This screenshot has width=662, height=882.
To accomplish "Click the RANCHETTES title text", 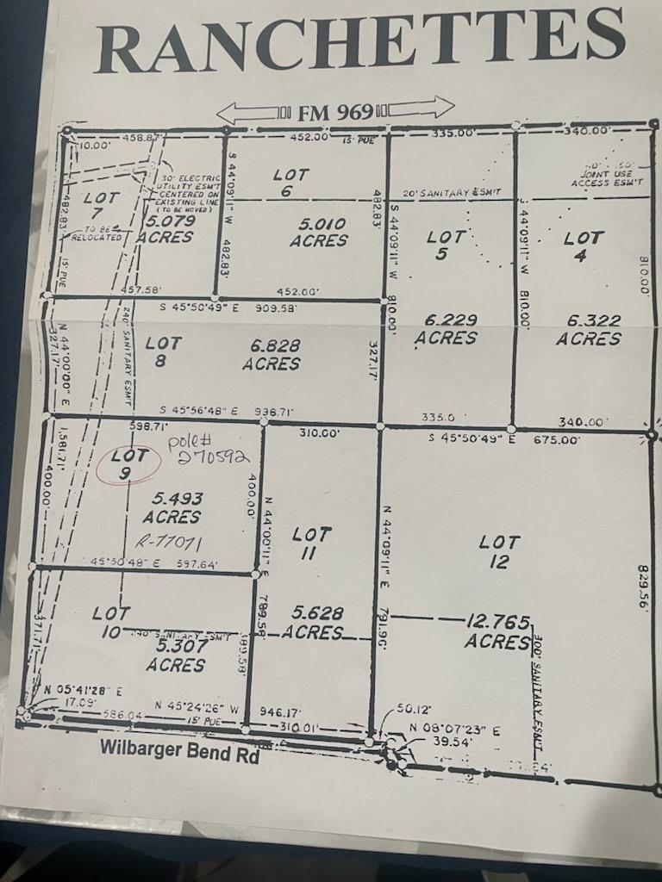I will [x=359, y=39].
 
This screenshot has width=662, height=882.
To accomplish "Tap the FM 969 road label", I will [x=335, y=111].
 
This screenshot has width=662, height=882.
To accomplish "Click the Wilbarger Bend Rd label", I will [x=179, y=748].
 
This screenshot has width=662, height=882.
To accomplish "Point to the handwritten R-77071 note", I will [x=176, y=543].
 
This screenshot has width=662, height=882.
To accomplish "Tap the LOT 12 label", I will [x=499, y=552].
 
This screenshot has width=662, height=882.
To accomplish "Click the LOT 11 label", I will [x=310, y=543].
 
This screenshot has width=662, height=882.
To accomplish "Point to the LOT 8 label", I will [x=163, y=353].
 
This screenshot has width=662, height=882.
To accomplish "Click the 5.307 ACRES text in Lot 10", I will [x=175, y=655].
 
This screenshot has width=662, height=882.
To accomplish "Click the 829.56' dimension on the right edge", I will [x=641, y=587].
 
